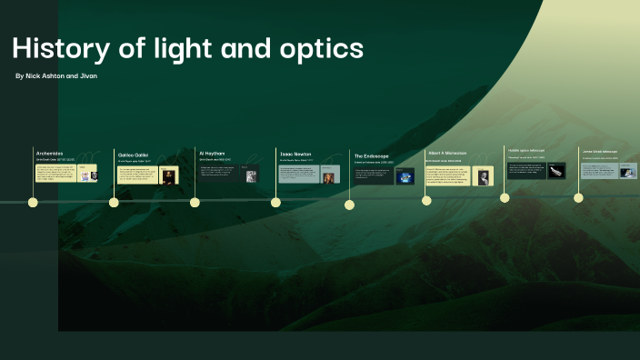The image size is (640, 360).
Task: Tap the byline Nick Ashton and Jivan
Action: [56, 75]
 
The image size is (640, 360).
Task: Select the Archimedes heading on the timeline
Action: [49, 153]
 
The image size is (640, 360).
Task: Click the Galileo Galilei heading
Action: [134, 155]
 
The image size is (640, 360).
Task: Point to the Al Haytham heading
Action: [212, 153]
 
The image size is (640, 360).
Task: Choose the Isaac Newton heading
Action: [295, 154]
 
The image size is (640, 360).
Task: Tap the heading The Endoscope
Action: [372, 156]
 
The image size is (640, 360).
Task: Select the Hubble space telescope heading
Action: [525, 149]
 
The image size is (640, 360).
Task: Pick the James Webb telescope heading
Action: [599, 151]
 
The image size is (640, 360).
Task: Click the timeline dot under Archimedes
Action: [34, 203]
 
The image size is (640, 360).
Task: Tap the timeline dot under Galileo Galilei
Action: [114, 203]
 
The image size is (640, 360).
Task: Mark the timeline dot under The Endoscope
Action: [349, 205]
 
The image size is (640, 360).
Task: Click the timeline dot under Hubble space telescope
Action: [505, 196]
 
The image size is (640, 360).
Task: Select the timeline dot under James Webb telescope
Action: [578, 197]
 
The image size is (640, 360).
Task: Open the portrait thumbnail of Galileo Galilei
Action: [167, 175]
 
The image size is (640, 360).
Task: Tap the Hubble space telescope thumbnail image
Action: [555, 170]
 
